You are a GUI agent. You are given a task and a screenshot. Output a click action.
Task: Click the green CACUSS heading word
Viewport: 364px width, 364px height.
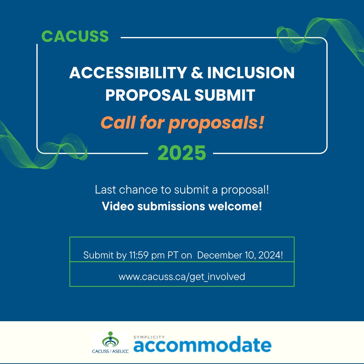click(75, 36)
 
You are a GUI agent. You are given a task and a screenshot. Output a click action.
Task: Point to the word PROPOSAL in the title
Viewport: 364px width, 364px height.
click(147, 95)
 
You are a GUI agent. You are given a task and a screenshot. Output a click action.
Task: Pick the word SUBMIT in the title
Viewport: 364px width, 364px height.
click(225, 95)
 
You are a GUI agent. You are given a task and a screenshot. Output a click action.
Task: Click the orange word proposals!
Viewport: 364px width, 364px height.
click(216, 123)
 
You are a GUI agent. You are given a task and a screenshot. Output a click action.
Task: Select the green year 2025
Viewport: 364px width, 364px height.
click(182, 153)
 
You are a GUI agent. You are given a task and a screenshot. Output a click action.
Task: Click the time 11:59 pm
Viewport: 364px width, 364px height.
click(147, 255)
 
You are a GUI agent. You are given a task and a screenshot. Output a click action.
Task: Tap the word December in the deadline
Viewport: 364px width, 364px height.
click(221, 255)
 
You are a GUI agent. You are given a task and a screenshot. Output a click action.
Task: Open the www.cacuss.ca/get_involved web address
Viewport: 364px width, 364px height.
click(182, 277)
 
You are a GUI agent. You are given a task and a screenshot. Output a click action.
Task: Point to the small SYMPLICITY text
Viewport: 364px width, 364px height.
click(149, 337)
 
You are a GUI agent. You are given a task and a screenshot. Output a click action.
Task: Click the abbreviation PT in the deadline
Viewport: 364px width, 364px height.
click(173, 255)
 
